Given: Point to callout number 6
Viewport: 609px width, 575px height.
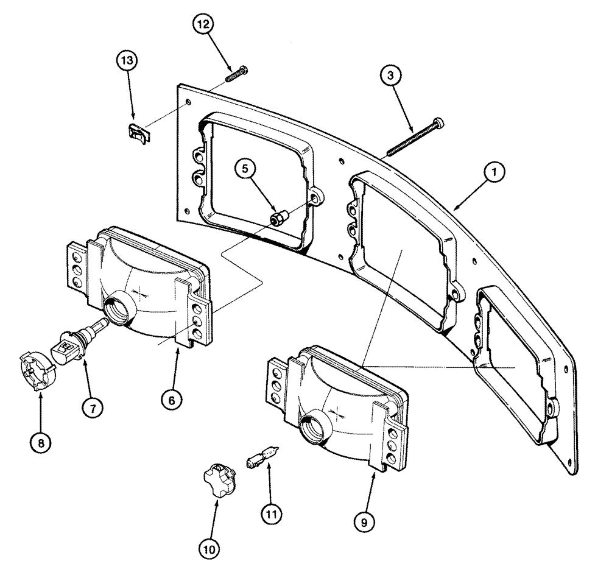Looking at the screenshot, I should pyautogui.click(x=172, y=400).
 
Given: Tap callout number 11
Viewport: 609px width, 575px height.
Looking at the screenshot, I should pyautogui.click(x=272, y=514).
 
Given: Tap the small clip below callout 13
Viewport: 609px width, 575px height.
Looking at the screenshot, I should pyautogui.click(x=138, y=132).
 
